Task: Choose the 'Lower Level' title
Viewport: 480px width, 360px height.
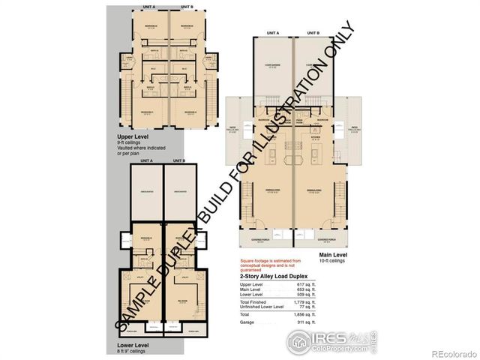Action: click(133, 344)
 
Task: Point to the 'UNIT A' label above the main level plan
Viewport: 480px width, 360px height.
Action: click(271, 34)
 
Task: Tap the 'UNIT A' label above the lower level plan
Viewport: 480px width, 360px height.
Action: click(146, 160)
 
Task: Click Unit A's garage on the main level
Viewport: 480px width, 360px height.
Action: click(272, 66)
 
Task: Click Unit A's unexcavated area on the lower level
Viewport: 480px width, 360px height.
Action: click(146, 192)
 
